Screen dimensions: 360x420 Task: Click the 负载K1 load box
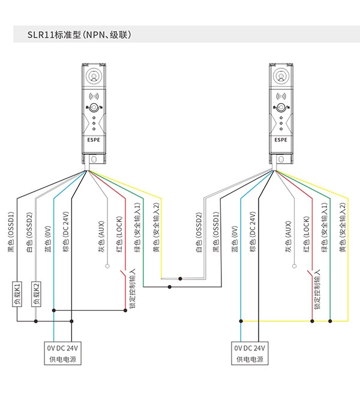click(x=17, y=294)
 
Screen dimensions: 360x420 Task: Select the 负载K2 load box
click(x=36, y=294)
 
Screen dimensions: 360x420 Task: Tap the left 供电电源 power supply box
click(x=62, y=353)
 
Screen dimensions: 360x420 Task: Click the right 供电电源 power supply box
click(x=250, y=353)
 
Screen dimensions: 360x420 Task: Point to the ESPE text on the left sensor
click(x=94, y=140)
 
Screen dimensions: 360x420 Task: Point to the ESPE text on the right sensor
click(x=281, y=140)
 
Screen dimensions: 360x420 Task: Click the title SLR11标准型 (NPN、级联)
click(x=79, y=35)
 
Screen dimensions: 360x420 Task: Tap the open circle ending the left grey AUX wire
click(x=107, y=266)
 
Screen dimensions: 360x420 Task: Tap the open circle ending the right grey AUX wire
click(x=295, y=266)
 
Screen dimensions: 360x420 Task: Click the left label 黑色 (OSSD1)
click(x=11, y=232)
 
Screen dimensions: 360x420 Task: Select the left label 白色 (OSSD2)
click(x=29, y=232)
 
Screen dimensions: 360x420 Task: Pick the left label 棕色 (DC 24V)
click(x=66, y=232)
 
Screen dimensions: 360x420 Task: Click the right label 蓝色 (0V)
click(x=235, y=239)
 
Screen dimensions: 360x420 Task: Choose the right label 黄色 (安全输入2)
click(x=343, y=227)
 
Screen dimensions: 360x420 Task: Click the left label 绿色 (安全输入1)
click(x=137, y=227)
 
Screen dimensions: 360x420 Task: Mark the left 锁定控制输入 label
click(x=133, y=289)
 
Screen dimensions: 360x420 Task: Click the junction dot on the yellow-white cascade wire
click(x=180, y=278)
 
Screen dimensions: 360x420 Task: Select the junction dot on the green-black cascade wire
click(x=169, y=287)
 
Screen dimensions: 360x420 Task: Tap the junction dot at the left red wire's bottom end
click(x=125, y=310)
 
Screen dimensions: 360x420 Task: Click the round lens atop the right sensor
click(x=281, y=76)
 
